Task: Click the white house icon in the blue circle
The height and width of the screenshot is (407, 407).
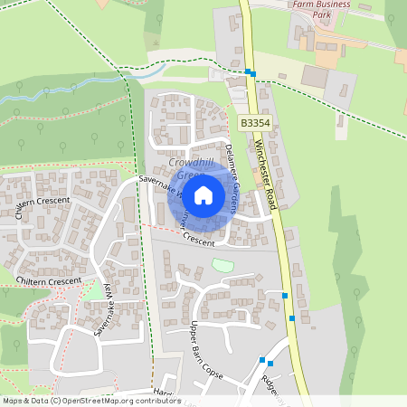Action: click(203, 195)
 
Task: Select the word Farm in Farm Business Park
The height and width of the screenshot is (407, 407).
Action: click(308, 5)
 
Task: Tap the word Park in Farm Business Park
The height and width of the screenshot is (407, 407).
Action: click(322, 15)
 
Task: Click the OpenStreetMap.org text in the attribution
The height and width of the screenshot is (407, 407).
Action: click(98, 401)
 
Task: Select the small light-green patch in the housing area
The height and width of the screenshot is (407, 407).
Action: click(222, 265)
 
